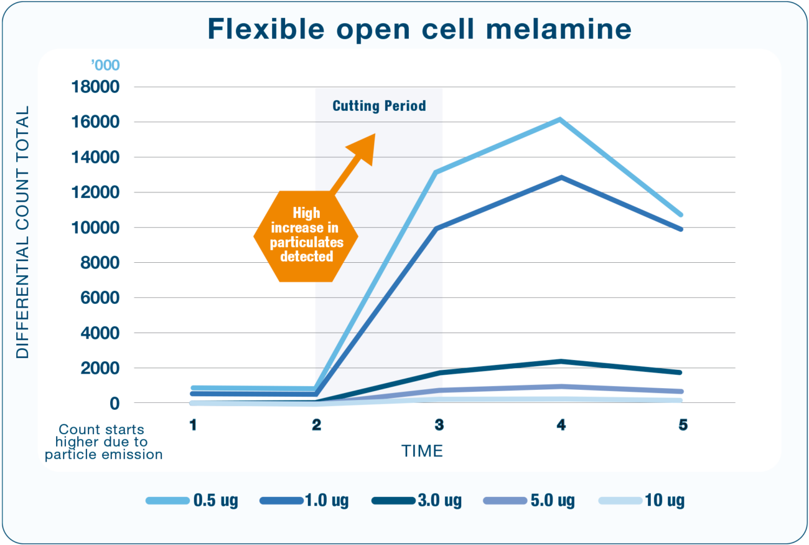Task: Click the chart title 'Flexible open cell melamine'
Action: coord(419,29)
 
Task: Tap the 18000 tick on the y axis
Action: coord(96,87)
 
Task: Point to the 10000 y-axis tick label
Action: coord(96,228)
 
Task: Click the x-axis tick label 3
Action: coord(439,425)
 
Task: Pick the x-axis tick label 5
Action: coord(683,425)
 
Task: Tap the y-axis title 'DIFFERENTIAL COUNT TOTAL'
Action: coord(23,232)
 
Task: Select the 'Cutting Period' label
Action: coord(379,106)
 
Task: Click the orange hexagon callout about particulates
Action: coord(307,235)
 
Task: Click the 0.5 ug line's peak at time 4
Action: coord(560,119)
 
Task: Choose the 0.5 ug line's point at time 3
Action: coord(437,172)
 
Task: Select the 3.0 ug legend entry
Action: coord(417,501)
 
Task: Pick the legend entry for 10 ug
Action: coord(642,501)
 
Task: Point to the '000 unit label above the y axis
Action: coord(105,65)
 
